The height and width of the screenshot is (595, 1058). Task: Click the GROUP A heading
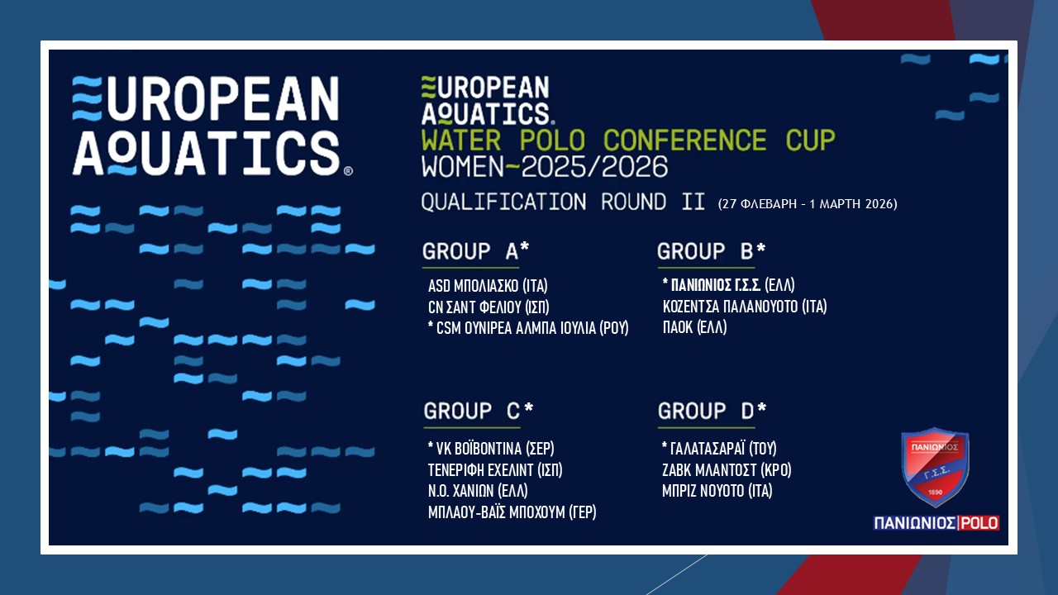475,251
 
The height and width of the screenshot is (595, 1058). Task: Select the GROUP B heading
711,251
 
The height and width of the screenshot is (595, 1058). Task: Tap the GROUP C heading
479,411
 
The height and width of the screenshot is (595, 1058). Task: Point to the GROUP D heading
712,411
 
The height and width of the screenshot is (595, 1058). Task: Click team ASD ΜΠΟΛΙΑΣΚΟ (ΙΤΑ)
488,286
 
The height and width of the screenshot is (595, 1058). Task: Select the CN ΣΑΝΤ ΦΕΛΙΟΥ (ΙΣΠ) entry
488,307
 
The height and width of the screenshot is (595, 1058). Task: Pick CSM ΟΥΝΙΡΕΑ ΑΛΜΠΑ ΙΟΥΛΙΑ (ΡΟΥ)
528,328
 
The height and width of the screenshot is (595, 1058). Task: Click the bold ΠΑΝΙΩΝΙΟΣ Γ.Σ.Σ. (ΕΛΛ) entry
728,285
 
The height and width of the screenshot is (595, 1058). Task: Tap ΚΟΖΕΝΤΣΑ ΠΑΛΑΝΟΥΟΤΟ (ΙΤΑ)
745,307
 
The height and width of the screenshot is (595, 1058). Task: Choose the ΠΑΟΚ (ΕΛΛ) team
695,327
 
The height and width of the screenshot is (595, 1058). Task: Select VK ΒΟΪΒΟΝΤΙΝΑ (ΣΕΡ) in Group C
491,448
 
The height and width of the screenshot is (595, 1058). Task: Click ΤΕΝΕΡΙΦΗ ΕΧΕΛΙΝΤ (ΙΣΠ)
495,470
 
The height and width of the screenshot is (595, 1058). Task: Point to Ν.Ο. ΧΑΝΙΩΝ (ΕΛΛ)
478,491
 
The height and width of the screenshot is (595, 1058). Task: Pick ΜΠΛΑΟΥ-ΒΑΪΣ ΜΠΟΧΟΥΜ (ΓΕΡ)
512,512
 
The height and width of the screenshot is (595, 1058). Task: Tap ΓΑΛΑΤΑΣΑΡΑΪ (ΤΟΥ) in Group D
719,448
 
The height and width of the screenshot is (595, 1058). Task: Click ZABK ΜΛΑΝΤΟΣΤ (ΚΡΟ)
727,470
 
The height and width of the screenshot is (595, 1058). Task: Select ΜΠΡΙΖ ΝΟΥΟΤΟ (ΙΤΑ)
717,491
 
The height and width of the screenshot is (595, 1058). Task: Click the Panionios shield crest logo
935,468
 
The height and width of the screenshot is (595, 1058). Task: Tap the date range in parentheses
808,203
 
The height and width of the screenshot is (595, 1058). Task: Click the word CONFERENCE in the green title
684,140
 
